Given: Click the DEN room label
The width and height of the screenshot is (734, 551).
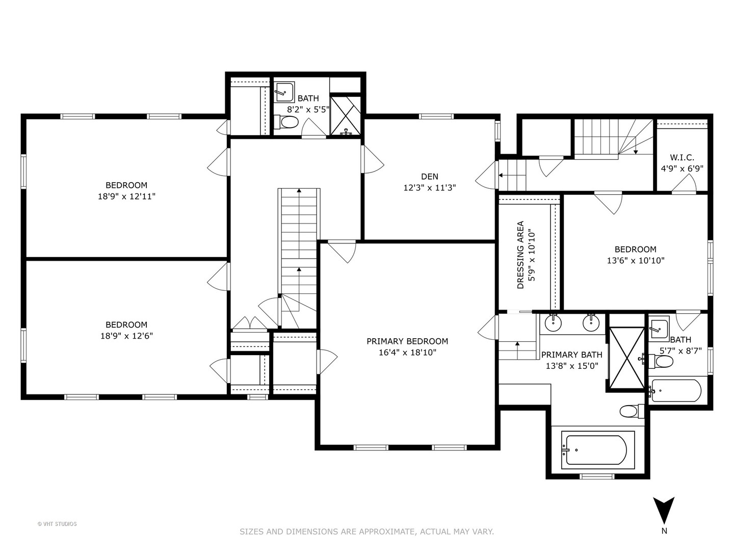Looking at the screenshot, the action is coord(429,177).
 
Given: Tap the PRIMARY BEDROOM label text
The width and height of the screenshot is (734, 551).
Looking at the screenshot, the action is coord(407,341).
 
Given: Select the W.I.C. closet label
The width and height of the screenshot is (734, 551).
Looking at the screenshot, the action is coord(682,157).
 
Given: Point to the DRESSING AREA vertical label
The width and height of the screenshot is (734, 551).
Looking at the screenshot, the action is coord(520,255).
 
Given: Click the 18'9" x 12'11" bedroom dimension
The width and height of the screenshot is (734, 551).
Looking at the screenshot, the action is coord(126,196).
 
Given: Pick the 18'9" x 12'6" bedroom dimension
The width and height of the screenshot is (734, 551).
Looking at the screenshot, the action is coord(126,336).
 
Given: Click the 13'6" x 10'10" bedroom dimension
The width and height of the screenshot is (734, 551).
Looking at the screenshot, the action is coord(635,260).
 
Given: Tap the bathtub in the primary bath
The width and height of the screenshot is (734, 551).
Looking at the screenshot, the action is coord(597,449).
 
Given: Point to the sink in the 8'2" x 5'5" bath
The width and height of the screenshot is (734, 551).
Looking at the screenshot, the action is coord(284,92).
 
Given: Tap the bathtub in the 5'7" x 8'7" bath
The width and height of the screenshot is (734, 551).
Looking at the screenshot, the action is coord(675,390).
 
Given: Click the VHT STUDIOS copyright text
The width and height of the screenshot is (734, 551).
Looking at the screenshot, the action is coord(57,524).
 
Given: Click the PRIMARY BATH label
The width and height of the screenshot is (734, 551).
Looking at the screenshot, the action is coord(572,355).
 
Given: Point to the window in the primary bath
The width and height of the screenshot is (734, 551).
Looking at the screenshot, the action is coord(597,476).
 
